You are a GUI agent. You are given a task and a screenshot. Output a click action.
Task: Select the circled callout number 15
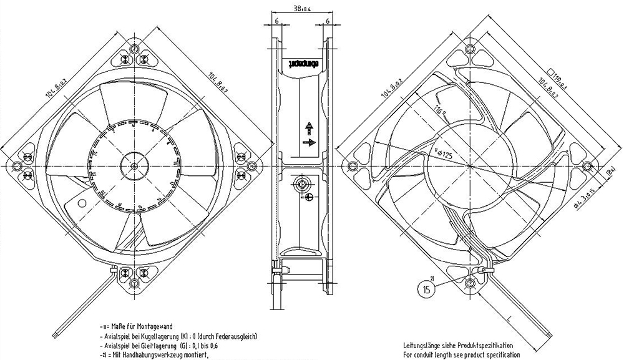click(426, 289)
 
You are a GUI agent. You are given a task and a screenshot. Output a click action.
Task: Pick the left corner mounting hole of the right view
click(353, 166)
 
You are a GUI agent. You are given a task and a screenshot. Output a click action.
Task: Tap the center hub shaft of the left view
click(136, 165)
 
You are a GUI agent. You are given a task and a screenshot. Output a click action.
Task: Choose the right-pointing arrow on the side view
click(308, 142)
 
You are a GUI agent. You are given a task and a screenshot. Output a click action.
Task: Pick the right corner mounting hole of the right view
click(587, 166)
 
